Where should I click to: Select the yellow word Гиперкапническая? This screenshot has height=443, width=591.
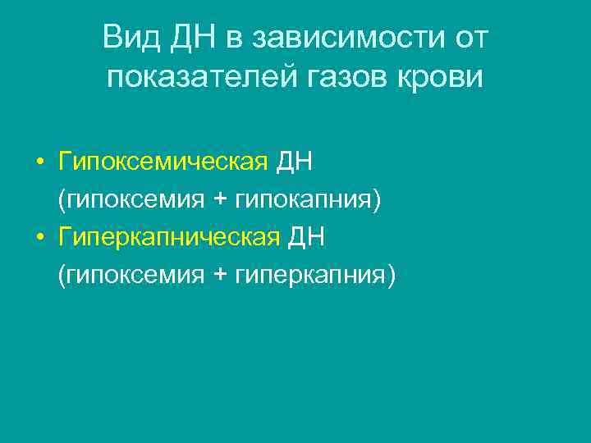click(170, 238)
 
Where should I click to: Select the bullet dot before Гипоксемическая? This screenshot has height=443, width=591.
click(39, 163)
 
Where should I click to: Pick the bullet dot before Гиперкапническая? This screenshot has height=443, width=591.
click(39, 239)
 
